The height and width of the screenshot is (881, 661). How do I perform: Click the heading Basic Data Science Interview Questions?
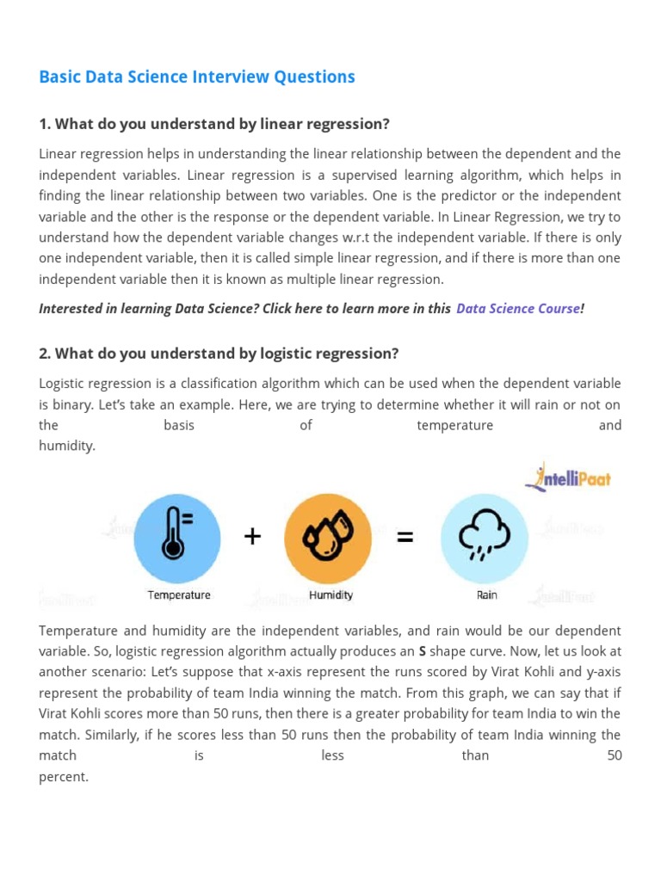(197, 77)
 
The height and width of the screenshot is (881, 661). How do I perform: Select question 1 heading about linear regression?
(214, 124)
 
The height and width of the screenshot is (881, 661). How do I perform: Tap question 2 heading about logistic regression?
(219, 354)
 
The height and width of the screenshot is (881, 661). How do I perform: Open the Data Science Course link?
(518, 309)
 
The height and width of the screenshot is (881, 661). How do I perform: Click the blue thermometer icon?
(177, 537)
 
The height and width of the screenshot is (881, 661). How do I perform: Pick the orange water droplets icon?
(327, 537)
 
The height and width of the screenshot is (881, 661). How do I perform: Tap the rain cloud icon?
(485, 537)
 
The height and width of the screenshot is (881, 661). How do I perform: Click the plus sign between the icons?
(252, 537)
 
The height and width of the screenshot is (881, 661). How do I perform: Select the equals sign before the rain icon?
(405, 537)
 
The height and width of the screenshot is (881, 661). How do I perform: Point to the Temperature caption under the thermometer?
(179, 595)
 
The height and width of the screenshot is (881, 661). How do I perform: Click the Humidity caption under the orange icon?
(330, 595)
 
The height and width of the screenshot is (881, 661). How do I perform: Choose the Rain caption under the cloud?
(487, 595)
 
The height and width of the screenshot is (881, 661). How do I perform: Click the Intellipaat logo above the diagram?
(571, 477)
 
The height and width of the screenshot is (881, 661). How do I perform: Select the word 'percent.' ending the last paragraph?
(64, 776)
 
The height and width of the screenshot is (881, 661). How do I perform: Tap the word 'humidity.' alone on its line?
(67, 446)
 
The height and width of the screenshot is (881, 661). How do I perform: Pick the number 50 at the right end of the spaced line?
(614, 755)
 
